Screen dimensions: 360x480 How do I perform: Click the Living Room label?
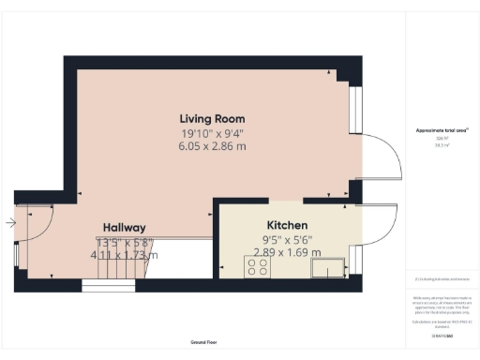pyautogui.click(x=213, y=119)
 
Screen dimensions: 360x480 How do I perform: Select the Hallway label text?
pyautogui.click(x=124, y=228)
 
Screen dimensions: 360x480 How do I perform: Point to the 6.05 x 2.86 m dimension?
pyautogui.click(x=213, y=146)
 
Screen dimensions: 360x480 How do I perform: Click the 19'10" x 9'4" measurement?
pyautogui.click(x=213, y=133)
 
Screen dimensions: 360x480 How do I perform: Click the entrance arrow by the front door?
pyautogui.click(x=9, y=223)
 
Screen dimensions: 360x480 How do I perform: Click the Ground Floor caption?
pyautogui.click(x=199, y=344)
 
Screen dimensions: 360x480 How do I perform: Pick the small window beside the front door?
pyautogui.click(x=17, y=256)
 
